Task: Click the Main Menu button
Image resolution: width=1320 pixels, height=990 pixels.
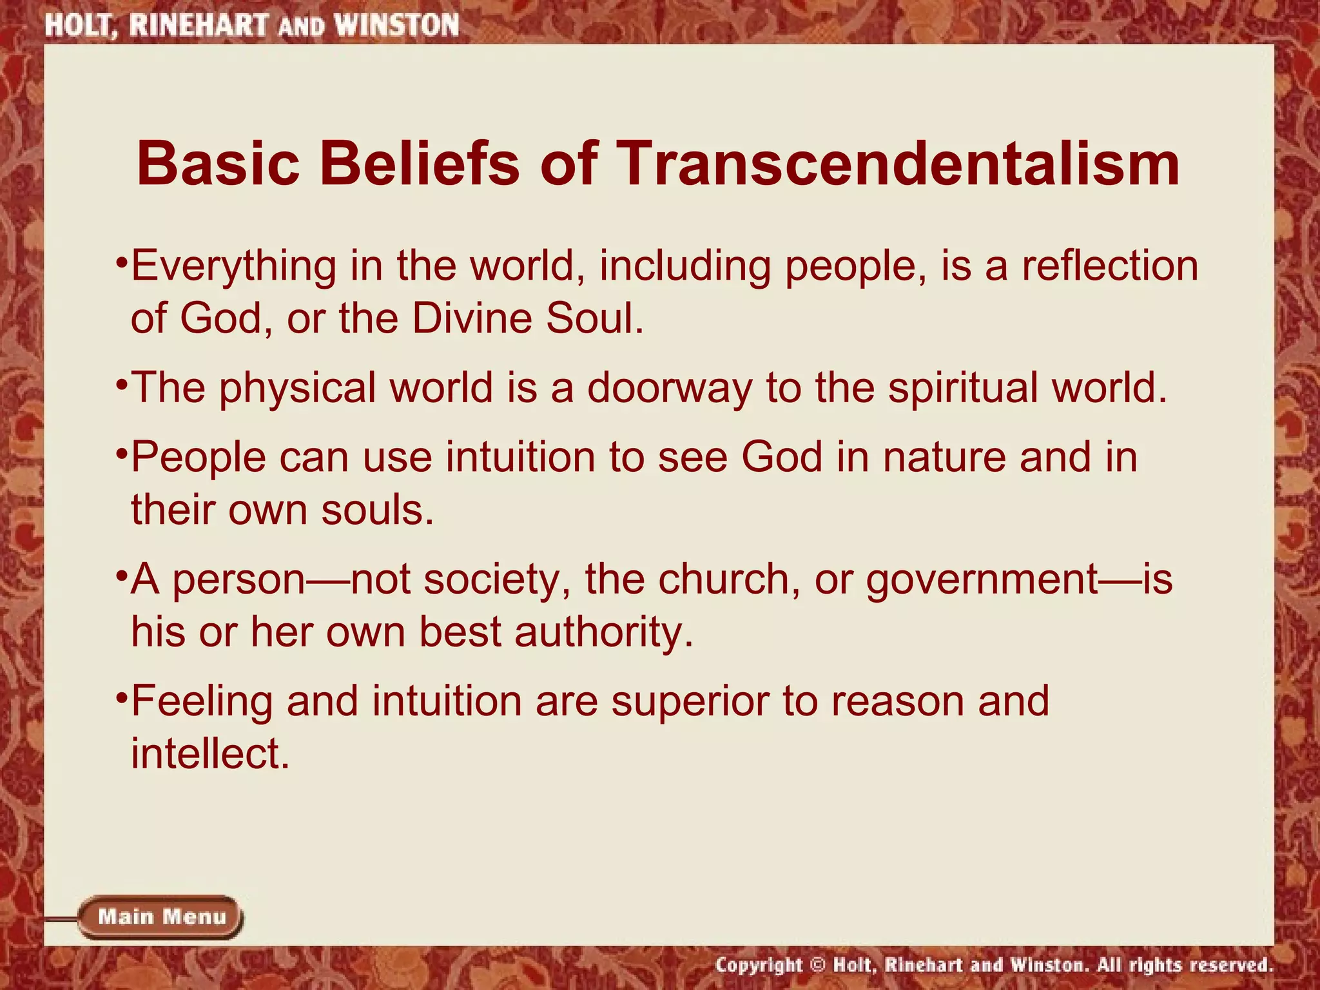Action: [161, 917]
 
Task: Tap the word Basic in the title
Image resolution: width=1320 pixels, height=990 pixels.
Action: [218, 164]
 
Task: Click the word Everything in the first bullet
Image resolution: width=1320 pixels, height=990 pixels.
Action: [233, 266]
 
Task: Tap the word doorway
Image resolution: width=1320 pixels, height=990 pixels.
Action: [669, 389]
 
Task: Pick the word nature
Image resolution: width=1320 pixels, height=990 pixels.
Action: [944, 457]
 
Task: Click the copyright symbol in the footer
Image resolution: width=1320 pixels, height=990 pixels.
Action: [817, 965]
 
